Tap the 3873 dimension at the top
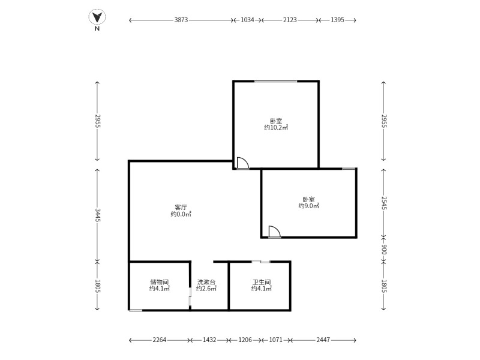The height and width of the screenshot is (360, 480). [181, 20]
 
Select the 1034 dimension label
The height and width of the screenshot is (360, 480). [247, 20]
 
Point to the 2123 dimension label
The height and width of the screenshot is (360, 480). [290, 20]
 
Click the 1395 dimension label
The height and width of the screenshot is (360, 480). [337, 20]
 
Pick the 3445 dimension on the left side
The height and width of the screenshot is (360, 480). [97, 215]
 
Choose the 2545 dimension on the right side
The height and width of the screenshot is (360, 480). [384, 203]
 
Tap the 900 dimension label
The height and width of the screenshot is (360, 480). [384, 250]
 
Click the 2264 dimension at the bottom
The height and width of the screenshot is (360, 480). [159, 340]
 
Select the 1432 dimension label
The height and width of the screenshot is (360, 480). [209, 340]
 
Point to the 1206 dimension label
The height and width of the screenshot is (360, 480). [245, 340]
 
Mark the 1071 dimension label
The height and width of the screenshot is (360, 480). [276, 340]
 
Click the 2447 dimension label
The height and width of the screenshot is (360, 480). [323, 340]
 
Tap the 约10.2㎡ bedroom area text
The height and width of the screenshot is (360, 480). [276, 128]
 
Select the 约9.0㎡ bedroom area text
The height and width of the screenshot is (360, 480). [308, 206]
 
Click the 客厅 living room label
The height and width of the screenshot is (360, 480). [181, 207]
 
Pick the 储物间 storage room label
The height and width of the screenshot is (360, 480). [159, 281]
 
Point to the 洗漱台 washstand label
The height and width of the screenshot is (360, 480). [206, 281]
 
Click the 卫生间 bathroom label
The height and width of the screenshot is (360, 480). [262, 281]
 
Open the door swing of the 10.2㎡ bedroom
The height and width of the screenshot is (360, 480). [242, 163]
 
